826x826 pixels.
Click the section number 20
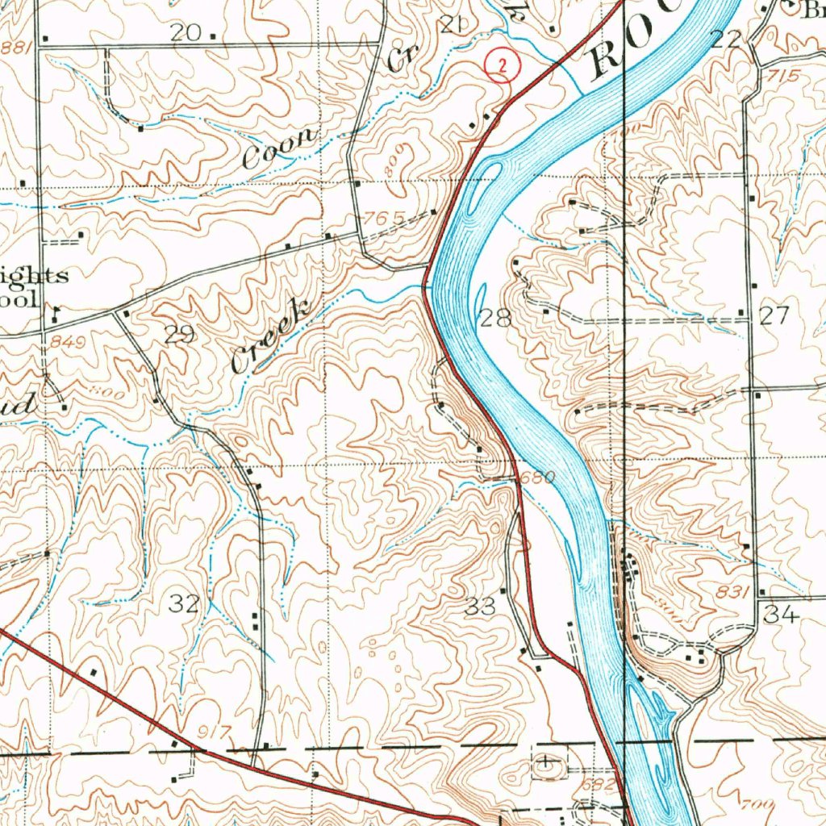coord(186,32)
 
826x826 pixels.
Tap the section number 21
coord(452,26)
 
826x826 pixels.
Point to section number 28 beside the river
coord(495,317)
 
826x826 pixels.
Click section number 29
coord(179,336)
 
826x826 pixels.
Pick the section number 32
coord(186,603)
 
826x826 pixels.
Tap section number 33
coord(481,607)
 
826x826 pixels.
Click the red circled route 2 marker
coord(502,67)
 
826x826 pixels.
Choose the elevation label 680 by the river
coord(538,478)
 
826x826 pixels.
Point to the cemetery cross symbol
coord(548,761)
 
